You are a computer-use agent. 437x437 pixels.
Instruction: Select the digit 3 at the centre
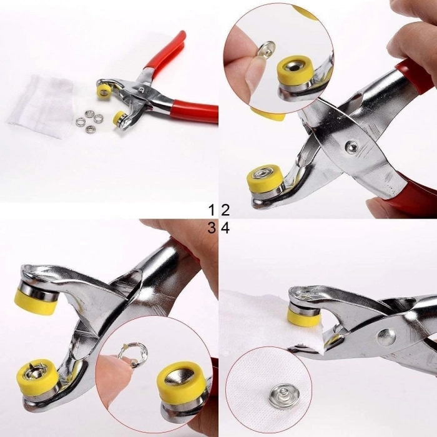[x=212, y=228]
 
